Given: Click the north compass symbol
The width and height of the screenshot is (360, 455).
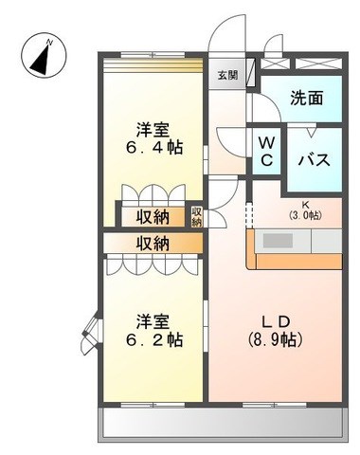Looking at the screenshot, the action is pyautogui.click(x=44, y=56).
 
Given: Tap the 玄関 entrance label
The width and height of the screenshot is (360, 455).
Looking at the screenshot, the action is pyautogui.click(x=228, y=75).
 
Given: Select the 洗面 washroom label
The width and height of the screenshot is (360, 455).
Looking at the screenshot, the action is pyautogui.click(x=307, y=98).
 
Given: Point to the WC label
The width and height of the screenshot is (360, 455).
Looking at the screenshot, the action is pyautogui.click(x=267, y=152).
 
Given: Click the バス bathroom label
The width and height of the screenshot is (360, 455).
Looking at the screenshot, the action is pyautogui.click(x=315, y=160).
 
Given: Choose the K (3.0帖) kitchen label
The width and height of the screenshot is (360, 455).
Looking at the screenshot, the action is pyautogui.click(x=305, y=210).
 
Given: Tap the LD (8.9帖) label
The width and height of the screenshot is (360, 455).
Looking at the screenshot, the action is pyautogui.click(x=276, y=331).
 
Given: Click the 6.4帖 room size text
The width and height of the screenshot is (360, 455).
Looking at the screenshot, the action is pyautogui.click(x=154, y=147).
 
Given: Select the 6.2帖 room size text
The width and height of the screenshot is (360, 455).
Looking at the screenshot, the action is pyautogui.click(x=154, y=340).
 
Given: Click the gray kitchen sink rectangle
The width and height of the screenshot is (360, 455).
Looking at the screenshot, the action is pyautogui.click(x=278, y=241).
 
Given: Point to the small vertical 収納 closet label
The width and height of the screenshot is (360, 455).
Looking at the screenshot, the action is pyautogui.click(x=196, y=217).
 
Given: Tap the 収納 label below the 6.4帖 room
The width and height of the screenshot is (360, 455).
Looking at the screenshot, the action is pyautogui.click(x=153, y=217).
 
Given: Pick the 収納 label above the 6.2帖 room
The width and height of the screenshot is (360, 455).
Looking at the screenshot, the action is pyautogui.click(x=153, y=244).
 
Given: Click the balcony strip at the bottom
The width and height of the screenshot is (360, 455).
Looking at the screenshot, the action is pyautogui.click(x=223, y=423).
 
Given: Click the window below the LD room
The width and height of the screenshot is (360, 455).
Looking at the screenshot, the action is pyautogui.click(x=275, y=405).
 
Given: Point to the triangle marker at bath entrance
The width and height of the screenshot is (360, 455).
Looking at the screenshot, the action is pyautogui.click(x=312, y=132).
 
